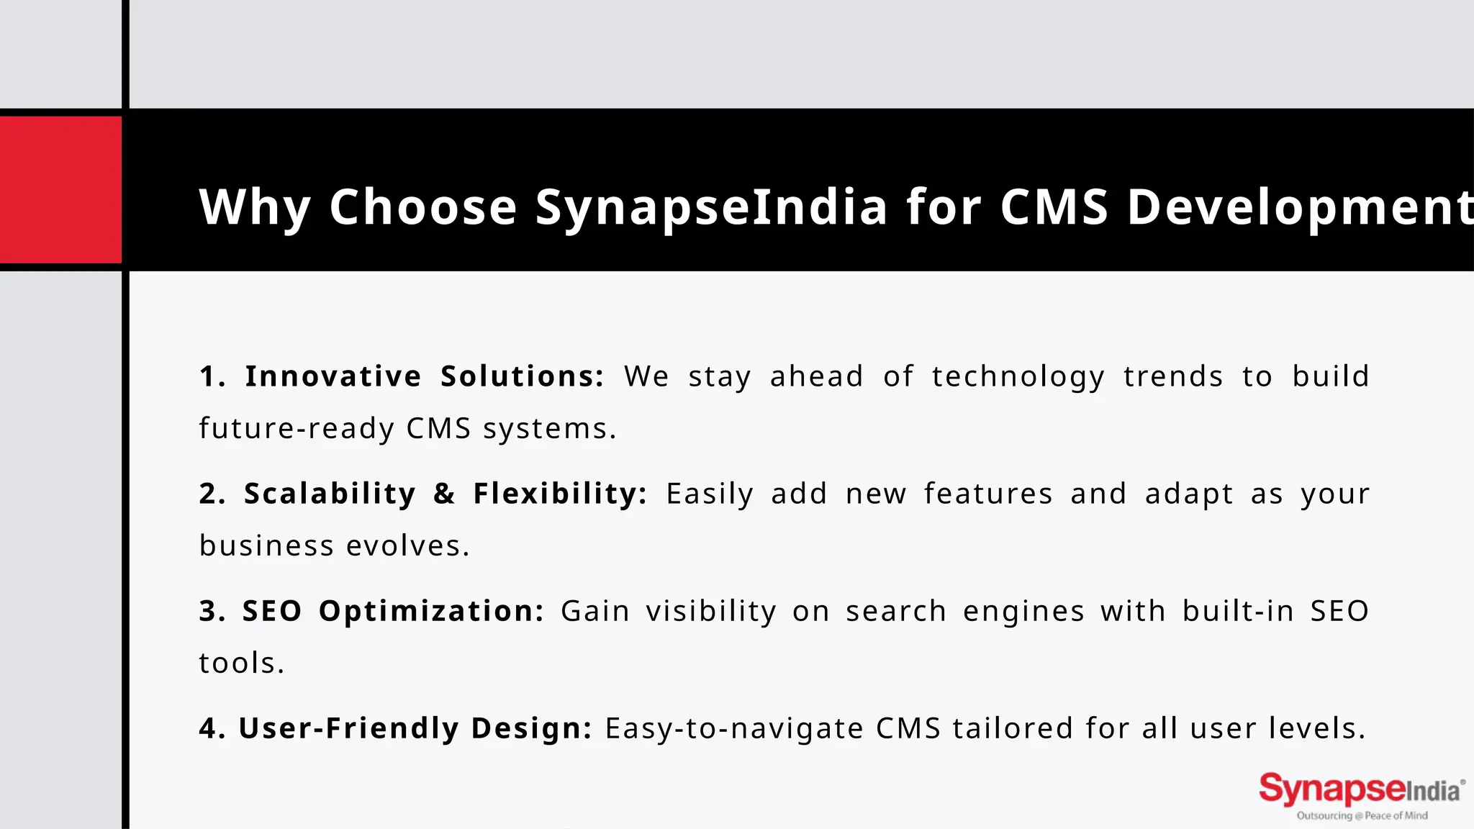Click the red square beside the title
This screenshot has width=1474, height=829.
tap(60, 190)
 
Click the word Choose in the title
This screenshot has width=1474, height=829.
tap(423, 207)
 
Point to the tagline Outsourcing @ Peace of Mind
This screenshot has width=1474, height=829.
tap(1362, 816)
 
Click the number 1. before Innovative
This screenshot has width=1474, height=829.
tap(212, 376)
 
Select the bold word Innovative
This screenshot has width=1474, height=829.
tap(333, 376)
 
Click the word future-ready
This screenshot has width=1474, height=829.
tap(297, 429)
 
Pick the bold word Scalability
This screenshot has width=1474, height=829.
tap(330, 494)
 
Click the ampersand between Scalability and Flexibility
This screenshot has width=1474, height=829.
tap(444, 494)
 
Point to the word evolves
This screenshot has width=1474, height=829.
tap(407, 546)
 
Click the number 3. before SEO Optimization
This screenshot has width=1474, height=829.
tap(212, 612)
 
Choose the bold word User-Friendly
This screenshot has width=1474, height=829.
tap(348, 729)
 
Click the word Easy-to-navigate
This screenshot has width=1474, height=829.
tap(734, 729)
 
